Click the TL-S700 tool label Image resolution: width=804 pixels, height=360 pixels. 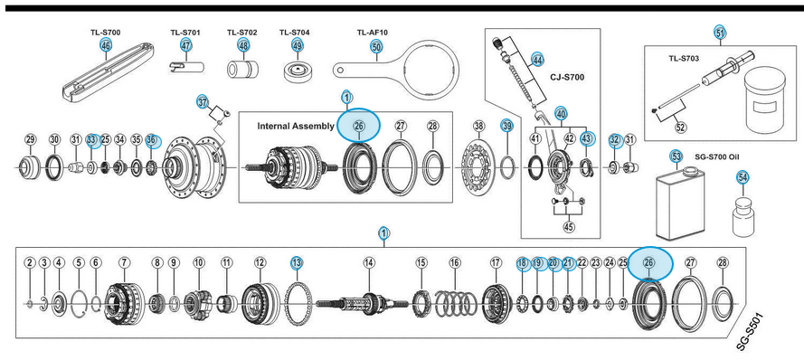[x=105, y=33]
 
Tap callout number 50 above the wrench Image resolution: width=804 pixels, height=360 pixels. [x=377, y=47]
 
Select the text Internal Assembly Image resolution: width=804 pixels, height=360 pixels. [x=296, y=126]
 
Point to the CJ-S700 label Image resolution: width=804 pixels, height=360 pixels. [x=568, y=78]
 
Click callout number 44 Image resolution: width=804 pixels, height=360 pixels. [x=537, y=59]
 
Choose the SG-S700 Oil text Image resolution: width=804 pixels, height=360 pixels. [x=719, y=156]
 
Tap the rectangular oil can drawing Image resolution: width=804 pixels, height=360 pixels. [x=680, y=205]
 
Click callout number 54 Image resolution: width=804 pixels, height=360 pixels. [x=743, y=177]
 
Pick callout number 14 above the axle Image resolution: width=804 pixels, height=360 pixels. [x=369, y=263]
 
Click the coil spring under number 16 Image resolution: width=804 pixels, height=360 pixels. [x=456, y=303]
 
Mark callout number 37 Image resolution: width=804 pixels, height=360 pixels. [x=203, y=102]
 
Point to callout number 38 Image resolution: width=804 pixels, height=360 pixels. [x=478, y=126]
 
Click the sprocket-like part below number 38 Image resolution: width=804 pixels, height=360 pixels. [x=478, y=166]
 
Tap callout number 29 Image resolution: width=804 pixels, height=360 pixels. [x=30, y=139]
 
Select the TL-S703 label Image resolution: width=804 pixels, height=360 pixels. [x=684, y=59]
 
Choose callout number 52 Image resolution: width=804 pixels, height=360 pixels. [x=681, y=128]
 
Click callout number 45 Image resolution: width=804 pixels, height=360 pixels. [x=569, y=227]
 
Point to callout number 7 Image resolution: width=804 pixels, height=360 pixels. [x=124, y=263]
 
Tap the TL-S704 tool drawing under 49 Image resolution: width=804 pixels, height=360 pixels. [x=298, y=71]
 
